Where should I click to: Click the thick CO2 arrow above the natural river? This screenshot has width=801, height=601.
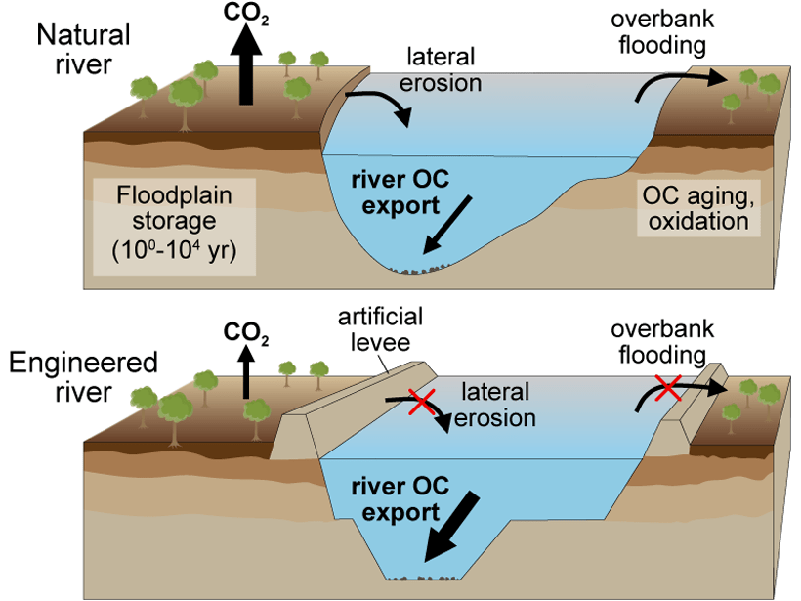click(x=246, y=64)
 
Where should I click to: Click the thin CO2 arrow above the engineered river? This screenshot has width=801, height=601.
click(x=246, y=371)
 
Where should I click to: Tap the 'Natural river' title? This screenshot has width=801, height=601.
click(x=83, y=50)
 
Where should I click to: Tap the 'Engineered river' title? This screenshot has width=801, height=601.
click(x=83, y=377)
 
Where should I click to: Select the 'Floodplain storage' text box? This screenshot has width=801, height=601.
click(x=174, y=227)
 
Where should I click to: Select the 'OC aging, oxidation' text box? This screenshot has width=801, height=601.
click(x=698, y=208)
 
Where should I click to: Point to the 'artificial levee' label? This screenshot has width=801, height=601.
click(x=381, y=329)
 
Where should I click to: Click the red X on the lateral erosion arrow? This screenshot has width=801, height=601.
click(x=422, y=402)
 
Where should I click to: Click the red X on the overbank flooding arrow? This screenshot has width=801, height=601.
click(x=669, y=388)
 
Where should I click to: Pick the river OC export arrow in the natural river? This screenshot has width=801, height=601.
click(x=447, y=225)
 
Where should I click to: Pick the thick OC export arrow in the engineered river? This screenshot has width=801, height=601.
click(x=452, y=527)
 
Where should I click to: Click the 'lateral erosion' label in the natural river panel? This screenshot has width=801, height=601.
click(x=441, y=69)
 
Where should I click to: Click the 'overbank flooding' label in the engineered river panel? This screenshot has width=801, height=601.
click(x=662, y=342)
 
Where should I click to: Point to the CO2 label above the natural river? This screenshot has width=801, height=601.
click(x=246, y=13)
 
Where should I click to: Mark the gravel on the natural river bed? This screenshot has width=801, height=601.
click(x=420, y=269)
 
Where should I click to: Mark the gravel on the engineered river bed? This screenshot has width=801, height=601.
click(x=422, y=578)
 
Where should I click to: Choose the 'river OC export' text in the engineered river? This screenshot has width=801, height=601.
click(x=400, y=498)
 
